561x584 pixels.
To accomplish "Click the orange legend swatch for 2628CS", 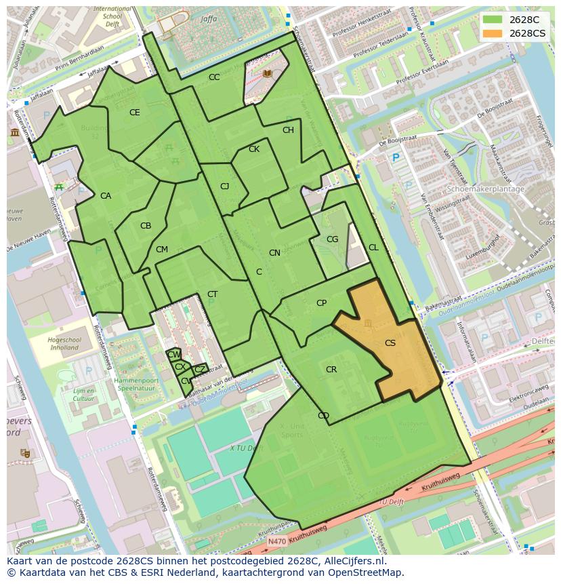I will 493,33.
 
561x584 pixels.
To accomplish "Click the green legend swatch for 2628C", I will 493,20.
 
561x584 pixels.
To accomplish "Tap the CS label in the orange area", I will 390,343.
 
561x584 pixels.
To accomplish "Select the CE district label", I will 135,113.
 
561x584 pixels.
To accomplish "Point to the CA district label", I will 106,196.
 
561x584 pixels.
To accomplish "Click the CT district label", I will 213,294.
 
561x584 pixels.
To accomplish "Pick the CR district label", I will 331,370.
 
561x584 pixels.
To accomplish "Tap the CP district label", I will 322,303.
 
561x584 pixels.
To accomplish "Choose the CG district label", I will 332,239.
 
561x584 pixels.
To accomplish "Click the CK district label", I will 254,149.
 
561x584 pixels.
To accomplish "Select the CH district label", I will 288,130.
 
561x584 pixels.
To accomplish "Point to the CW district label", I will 174,355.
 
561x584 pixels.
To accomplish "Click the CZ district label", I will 200,369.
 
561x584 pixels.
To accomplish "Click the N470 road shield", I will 276,541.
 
